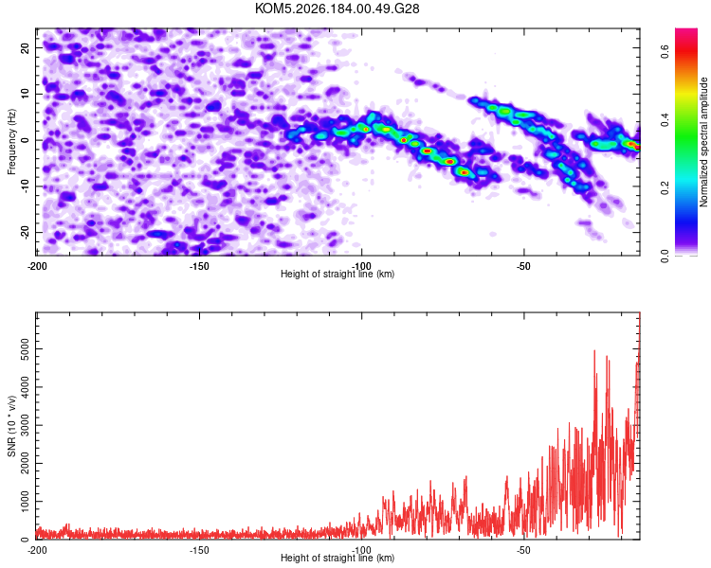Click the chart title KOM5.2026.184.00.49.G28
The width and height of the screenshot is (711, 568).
tap(337, 9)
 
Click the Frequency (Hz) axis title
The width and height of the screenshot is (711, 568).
tap(11, 142)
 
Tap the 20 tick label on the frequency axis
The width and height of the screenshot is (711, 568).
tap(25, 47)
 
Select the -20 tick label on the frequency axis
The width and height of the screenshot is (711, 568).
tap(25, 233)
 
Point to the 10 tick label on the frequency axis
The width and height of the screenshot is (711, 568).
tap(25, 94)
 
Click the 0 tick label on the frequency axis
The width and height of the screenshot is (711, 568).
tap(25, 140)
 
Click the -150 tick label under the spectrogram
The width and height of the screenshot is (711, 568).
tap(199, 266)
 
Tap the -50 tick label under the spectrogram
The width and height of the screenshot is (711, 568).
tap(522, 266)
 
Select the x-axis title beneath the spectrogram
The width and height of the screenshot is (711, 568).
tap(337, 274)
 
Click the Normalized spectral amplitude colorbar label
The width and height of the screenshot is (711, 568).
tap(703, 142)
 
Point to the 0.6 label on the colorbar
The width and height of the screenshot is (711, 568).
tap(665, 52)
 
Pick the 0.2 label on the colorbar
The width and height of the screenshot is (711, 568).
tap(665, 188)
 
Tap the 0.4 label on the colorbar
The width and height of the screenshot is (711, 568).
tap(665, 120)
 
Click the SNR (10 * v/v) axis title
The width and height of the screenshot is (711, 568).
tap(11, 426)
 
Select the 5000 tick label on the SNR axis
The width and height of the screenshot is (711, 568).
tap(25, 348)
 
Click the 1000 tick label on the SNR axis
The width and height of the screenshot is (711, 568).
tap(25, 502)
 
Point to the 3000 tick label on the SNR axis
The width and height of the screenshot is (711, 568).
tap(25, 425)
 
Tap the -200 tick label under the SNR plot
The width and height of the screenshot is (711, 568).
tap(37, 550)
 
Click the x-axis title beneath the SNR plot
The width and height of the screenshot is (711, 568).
tap(337, 558)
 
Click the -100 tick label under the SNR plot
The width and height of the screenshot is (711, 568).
tap(361, 550)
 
